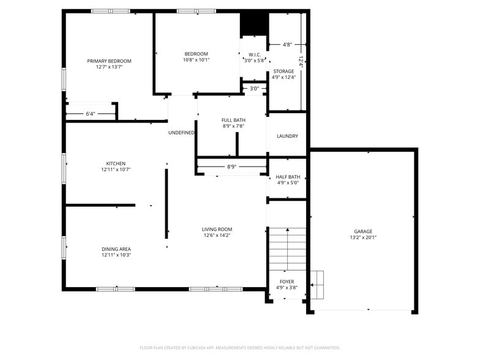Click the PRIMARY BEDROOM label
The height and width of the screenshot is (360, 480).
[109, 61]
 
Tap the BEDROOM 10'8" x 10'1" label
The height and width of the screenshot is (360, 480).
[196, 54]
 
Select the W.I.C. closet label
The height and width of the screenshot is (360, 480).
[255, 54]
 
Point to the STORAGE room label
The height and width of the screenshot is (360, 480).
[283, 72]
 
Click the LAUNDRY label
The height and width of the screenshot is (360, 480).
[287, 136]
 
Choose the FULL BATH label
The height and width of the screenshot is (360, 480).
[233, 119]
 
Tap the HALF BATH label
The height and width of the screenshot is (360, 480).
[288, 177]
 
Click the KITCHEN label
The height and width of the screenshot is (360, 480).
[116, 163]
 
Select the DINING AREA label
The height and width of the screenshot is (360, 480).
[116, 249]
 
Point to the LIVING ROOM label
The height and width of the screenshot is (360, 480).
[217, 230]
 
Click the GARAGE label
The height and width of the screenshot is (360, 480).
[362, 231]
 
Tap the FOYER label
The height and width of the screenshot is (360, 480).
[287, 282]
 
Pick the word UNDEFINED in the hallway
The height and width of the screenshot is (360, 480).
[181, 132]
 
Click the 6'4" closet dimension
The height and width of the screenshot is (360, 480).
[90, 114]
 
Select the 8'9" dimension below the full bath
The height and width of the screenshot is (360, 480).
[232, 167]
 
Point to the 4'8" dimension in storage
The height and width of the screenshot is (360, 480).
[287, 44]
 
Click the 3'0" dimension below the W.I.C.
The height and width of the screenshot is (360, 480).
[254, 89]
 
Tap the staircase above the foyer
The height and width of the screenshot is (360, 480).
[287, 248]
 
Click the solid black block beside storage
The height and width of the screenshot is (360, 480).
[253, 24]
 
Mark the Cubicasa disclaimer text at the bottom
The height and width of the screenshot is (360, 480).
[240, 347]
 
